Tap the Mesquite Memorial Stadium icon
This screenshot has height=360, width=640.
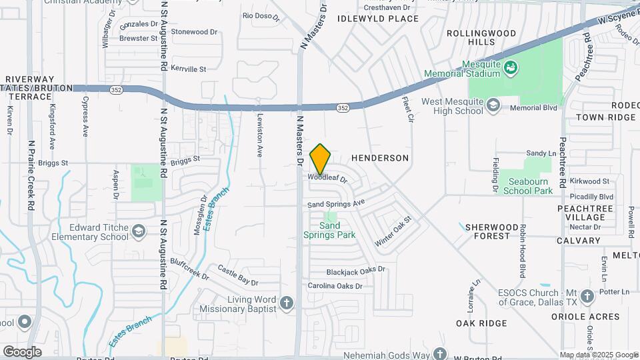click(x=511, y=67)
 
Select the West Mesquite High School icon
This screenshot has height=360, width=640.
click(x=493, y=105)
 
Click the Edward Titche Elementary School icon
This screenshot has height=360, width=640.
click(x=139, y=231)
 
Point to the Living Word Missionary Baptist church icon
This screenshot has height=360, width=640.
click(x=287, y=303)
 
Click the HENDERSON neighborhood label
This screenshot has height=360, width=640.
click(x=379, y=158)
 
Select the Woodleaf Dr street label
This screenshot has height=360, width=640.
click(x=328, y=178)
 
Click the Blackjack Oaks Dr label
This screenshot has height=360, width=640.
click(x=356, y=271)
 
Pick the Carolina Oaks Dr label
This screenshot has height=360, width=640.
click(x=335, y=286)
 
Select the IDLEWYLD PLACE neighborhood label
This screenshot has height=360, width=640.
click(x=378, y=19)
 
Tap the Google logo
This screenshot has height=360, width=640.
click(x=22, y=351)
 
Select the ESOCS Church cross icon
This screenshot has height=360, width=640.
click(x=587, y=295)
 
